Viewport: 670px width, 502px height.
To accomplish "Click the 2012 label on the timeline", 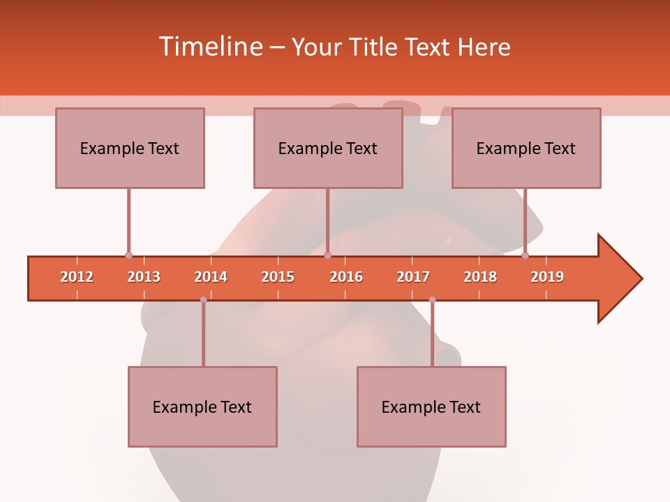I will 77,277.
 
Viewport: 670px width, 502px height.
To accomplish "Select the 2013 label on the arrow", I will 144,277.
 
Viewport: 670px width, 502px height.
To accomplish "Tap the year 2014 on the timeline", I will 211,277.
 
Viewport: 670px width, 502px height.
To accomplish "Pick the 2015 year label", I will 278,277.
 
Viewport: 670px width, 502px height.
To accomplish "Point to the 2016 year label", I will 346,277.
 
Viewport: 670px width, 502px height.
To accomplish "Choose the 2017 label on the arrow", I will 413,277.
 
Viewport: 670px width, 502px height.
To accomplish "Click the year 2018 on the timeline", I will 480,277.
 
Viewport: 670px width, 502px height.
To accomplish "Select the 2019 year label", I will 547,277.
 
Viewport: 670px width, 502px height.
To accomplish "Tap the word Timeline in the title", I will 209,47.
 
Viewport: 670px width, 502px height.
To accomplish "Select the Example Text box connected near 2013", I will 130,148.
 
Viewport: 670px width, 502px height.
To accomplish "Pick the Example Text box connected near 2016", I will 328,148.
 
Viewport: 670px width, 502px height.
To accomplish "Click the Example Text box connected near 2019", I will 526,148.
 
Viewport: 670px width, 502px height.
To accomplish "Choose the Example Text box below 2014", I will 202,406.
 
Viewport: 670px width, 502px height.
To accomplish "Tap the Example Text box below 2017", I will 431,406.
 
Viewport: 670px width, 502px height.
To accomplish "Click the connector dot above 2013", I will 128,256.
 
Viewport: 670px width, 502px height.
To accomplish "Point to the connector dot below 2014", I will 203,300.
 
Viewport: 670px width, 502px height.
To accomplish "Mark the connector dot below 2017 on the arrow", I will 432,300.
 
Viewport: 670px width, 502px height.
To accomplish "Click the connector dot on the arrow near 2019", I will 526,256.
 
